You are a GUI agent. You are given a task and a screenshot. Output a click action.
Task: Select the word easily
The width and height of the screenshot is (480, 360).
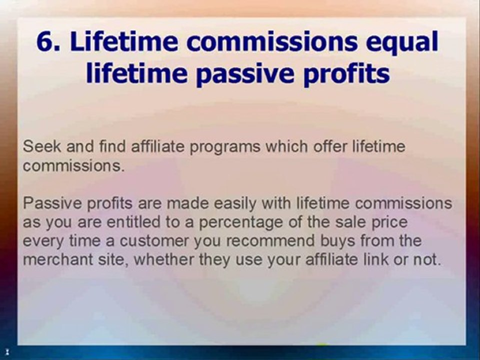(245, 203)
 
